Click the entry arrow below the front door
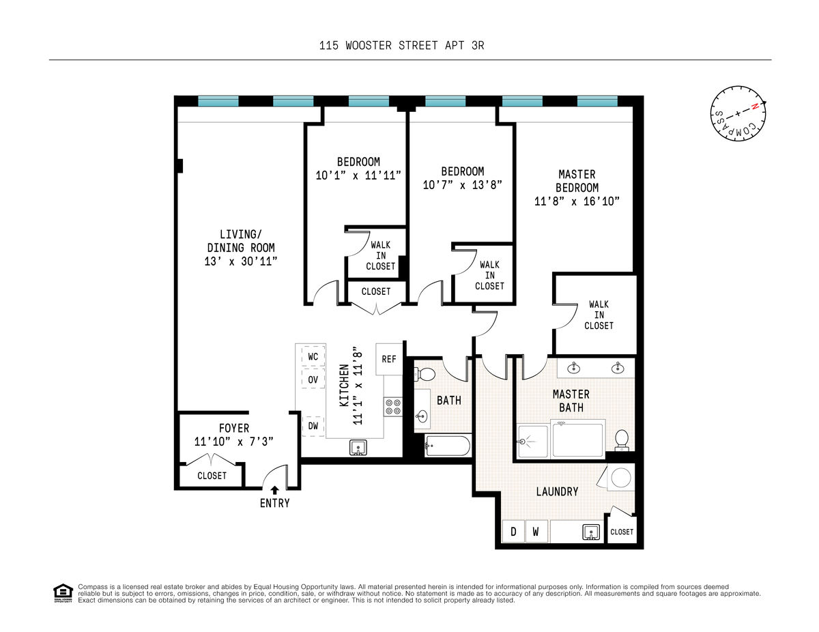coord(274,489)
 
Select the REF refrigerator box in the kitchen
coord(389,359)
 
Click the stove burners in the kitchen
coord(393,407)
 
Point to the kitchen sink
coord(358,448)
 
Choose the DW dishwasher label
coord(313,426)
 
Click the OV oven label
coord(313,379)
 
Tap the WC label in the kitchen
coord(313,356)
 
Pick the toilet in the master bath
coord(622,440)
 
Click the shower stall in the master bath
coord(534,441)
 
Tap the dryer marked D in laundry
coord(513,532)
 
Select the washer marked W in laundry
coord(536,532)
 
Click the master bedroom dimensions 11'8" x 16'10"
coord(576,201)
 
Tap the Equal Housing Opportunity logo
coord(63,593)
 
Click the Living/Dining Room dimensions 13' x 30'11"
coord(242,261)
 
